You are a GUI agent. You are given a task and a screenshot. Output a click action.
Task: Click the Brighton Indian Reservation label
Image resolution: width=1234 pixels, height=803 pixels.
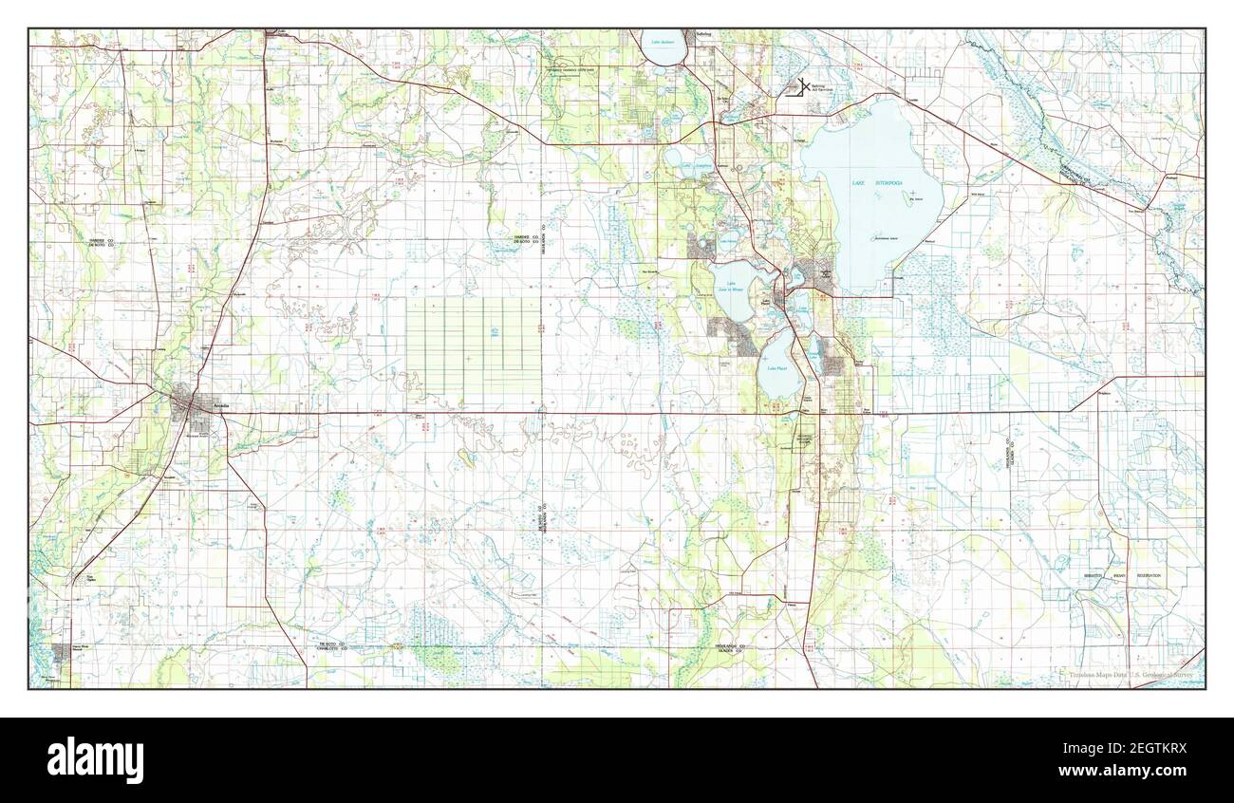[x=1129, y=575]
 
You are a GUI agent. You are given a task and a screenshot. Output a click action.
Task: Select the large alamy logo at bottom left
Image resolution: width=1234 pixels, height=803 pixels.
[x=95, y=759]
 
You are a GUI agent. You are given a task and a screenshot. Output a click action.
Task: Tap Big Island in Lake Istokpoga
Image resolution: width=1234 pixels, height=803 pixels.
[x=915, y=199]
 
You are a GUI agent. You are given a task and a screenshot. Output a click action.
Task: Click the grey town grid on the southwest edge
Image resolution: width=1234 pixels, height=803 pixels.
[x=62, y=653]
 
